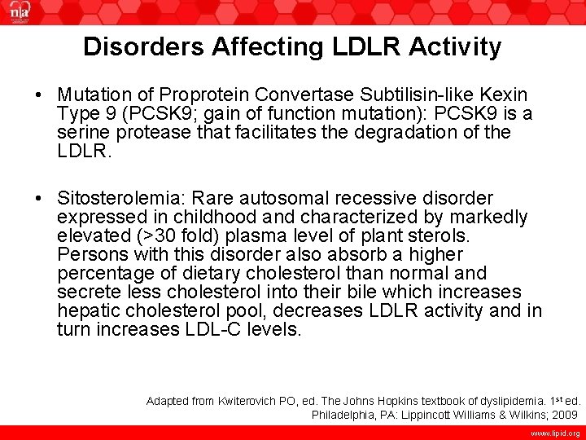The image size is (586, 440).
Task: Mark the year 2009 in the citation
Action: click(x=566, y=415)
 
